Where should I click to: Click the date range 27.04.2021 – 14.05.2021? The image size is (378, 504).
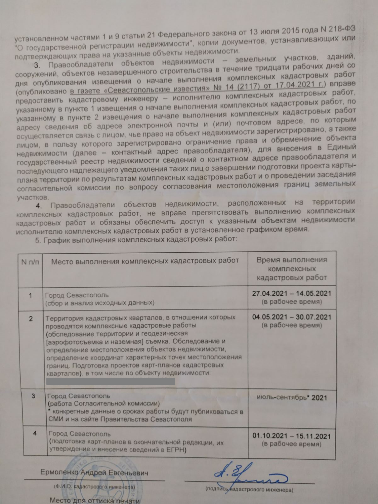click(291, 293)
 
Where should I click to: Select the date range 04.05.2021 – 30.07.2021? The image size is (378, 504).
click(292, 317)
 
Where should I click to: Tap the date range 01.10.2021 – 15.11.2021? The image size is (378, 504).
click(291, 436)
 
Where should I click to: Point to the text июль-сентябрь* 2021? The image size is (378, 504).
click(292, 398)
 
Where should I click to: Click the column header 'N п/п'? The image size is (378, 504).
click(30, 262)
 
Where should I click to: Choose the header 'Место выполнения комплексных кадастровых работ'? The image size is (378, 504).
click(145, 261)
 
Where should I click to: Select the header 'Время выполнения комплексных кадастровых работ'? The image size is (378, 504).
click(292, 268)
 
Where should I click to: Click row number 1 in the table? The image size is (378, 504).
click(31, 296)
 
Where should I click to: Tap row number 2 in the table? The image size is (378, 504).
click(31, 319)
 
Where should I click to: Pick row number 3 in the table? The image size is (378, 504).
click(33, 396)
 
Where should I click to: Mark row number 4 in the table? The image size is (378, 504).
click(35, 433)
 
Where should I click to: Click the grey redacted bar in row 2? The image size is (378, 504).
click(111, 381)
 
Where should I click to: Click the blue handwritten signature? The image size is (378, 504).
click(249, 476)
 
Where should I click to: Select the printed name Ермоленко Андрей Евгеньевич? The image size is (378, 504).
click(94, 473)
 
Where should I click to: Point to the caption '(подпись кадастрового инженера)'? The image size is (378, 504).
click(249, 490)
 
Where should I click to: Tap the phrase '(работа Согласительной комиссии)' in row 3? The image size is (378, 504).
click(103, 404)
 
